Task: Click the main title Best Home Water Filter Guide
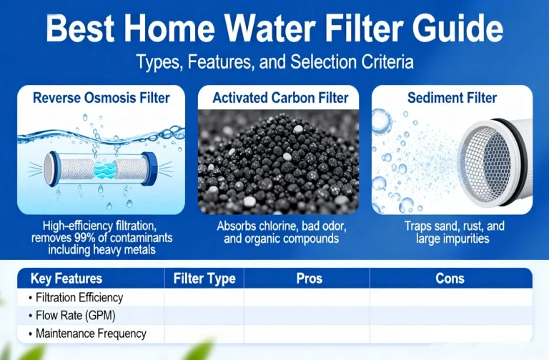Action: [x=274, y=30]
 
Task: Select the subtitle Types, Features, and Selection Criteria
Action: [x=274, y=62]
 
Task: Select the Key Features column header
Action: [x=66, y=279]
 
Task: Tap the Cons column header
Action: [x=450, y=279]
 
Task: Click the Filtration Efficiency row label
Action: [x=79, y=298]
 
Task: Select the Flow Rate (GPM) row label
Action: [x=74, y=315]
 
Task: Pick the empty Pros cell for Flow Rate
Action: [x=306, y=315]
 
